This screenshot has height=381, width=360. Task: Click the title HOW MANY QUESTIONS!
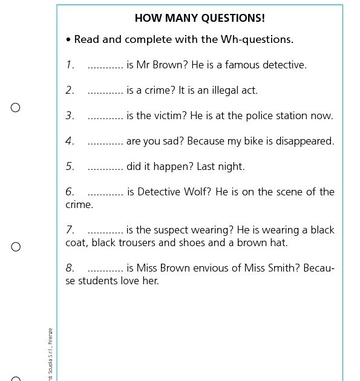pos(200,18)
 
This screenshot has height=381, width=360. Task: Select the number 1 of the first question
pos(70,65)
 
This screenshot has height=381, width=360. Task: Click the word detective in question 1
pos(284,65)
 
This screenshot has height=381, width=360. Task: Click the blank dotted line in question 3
pos(105,116)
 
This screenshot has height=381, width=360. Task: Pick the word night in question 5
pos(233,167)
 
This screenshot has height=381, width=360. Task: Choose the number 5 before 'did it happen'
pos(70,167)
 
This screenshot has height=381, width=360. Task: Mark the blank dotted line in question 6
pos(105,192)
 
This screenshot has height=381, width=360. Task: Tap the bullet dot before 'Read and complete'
pos(68,40)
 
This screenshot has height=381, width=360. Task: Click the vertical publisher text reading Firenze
pos(51,336)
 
